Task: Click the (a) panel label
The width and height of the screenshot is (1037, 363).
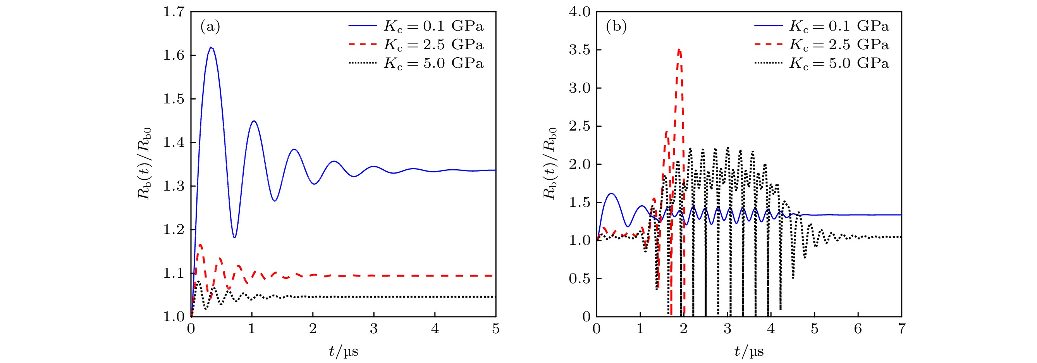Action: coord(210,27)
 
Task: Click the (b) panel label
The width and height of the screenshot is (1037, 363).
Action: coord(616,27)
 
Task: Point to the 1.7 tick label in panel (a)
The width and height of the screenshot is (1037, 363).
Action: coord(174,12)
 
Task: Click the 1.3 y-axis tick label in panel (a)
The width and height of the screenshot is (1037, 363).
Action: coord(174,186)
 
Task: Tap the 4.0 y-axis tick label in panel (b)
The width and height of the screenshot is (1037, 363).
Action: coord(579,12)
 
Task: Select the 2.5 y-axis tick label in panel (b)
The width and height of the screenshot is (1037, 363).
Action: coord(579,126)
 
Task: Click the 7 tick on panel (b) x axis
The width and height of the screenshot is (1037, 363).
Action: coord(902,329)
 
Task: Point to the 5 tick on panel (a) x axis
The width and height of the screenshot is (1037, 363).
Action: coord(495,329)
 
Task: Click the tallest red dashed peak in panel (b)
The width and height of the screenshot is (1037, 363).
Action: coord(679,50)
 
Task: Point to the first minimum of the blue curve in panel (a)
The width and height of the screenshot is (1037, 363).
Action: coord(235,237)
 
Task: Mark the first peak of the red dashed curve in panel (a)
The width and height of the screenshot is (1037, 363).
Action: coord(200,244)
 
